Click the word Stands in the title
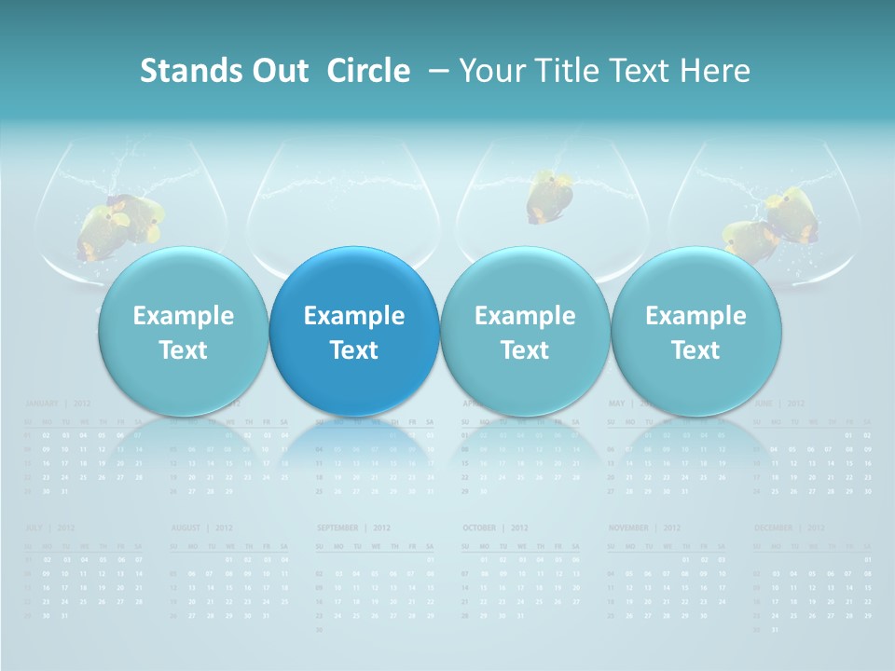(x=179, y=71)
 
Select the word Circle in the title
(x=368, y=71)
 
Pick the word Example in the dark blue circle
(x=354, y=316)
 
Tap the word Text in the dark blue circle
(x=354, y=350)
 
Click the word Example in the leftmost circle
(x=183, y=316)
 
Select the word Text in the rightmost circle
(x=695, y=350)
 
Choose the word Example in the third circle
(x=525, y=316)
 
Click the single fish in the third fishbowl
(x=547, y=197)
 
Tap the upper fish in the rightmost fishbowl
(x=794, y=212)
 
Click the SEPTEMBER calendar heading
(x=337, y=528)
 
